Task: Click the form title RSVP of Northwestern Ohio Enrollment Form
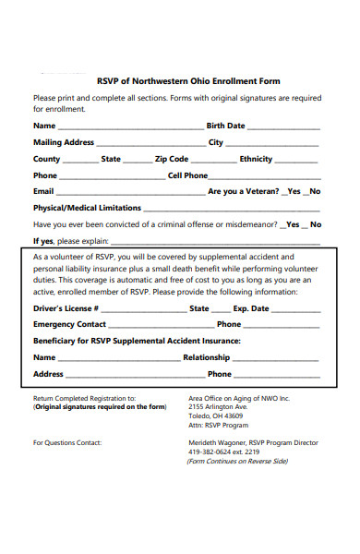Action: point(188,81)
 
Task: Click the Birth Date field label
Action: point(225,126)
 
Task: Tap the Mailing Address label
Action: point(64,142)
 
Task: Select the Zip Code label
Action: point(172,159)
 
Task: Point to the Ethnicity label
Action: point(256,159)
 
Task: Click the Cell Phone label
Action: point(187,175)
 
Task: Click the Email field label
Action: point(44,191)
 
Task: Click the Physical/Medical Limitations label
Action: point(87,208)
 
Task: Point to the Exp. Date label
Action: point(251,308)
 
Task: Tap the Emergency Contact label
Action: point(69,324)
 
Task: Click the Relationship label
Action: point(206,357)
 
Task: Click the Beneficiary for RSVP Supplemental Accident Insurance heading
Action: point(137,341)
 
